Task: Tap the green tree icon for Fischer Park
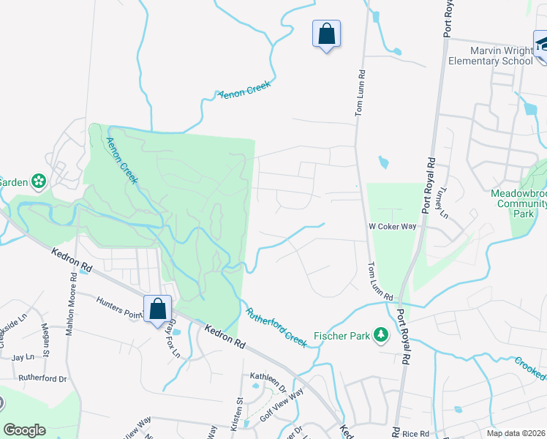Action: tap(380, 335)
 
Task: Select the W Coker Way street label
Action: tap(392, 227)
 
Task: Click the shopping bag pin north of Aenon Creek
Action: tap(326, 34)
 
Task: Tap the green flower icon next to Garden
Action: tap(38, 181)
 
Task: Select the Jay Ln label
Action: tap(23, 357)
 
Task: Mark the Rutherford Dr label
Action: tap(42, 379)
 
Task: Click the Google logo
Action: tap(24, 429)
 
